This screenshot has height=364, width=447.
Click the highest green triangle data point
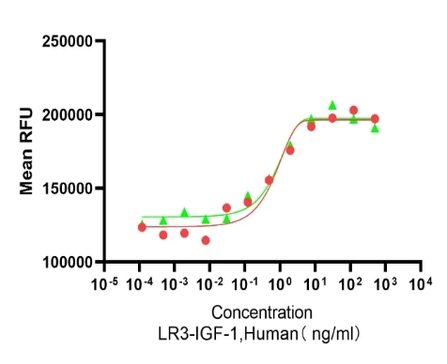tap(332, 105)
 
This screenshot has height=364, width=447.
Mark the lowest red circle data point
tap(206, 240)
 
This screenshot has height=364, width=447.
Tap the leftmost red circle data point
tap(142, 227)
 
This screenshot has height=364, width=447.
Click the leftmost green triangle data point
tap(163, 220)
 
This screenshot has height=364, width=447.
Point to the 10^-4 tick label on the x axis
tap(138, 283)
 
